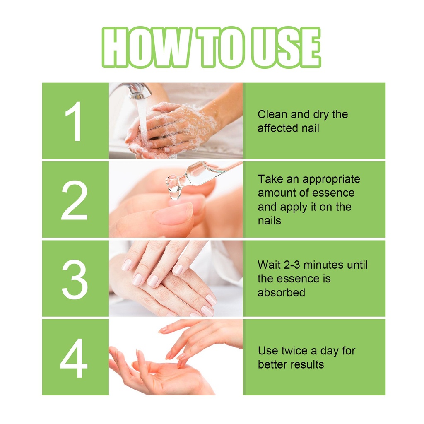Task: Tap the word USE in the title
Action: [x=286, y=47]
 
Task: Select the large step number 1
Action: [x=74, y=121]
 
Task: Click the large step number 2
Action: [x=75, y=200]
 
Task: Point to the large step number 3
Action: [x=75, y=279]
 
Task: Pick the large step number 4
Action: [x=74, y=358]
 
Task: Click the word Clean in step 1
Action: [x=272, y=114]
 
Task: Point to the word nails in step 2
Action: [x=269, y=221]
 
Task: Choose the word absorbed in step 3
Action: [x=281, y=293]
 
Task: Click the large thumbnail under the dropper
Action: [x=173, y=214]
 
